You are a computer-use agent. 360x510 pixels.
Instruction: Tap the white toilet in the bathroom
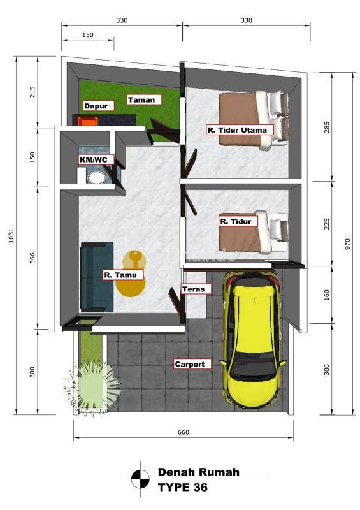click(x=97, y=178)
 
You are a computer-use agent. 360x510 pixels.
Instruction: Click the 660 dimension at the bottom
click(x=183, y=432)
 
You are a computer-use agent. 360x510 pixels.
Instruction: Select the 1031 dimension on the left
click(x=11, y=235)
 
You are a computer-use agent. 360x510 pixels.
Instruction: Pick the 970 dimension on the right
click(x=348, y=244)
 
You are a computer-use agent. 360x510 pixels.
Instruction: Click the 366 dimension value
click(x=32, y=258)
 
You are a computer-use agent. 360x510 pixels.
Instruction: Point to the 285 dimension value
click(x=326, y=127)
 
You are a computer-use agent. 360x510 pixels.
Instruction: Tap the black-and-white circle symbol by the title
click(x=140, y=479)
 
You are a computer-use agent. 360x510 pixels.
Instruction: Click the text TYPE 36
click(x=182, y=487)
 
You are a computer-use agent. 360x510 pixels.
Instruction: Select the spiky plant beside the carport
click(x=92, y=387)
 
